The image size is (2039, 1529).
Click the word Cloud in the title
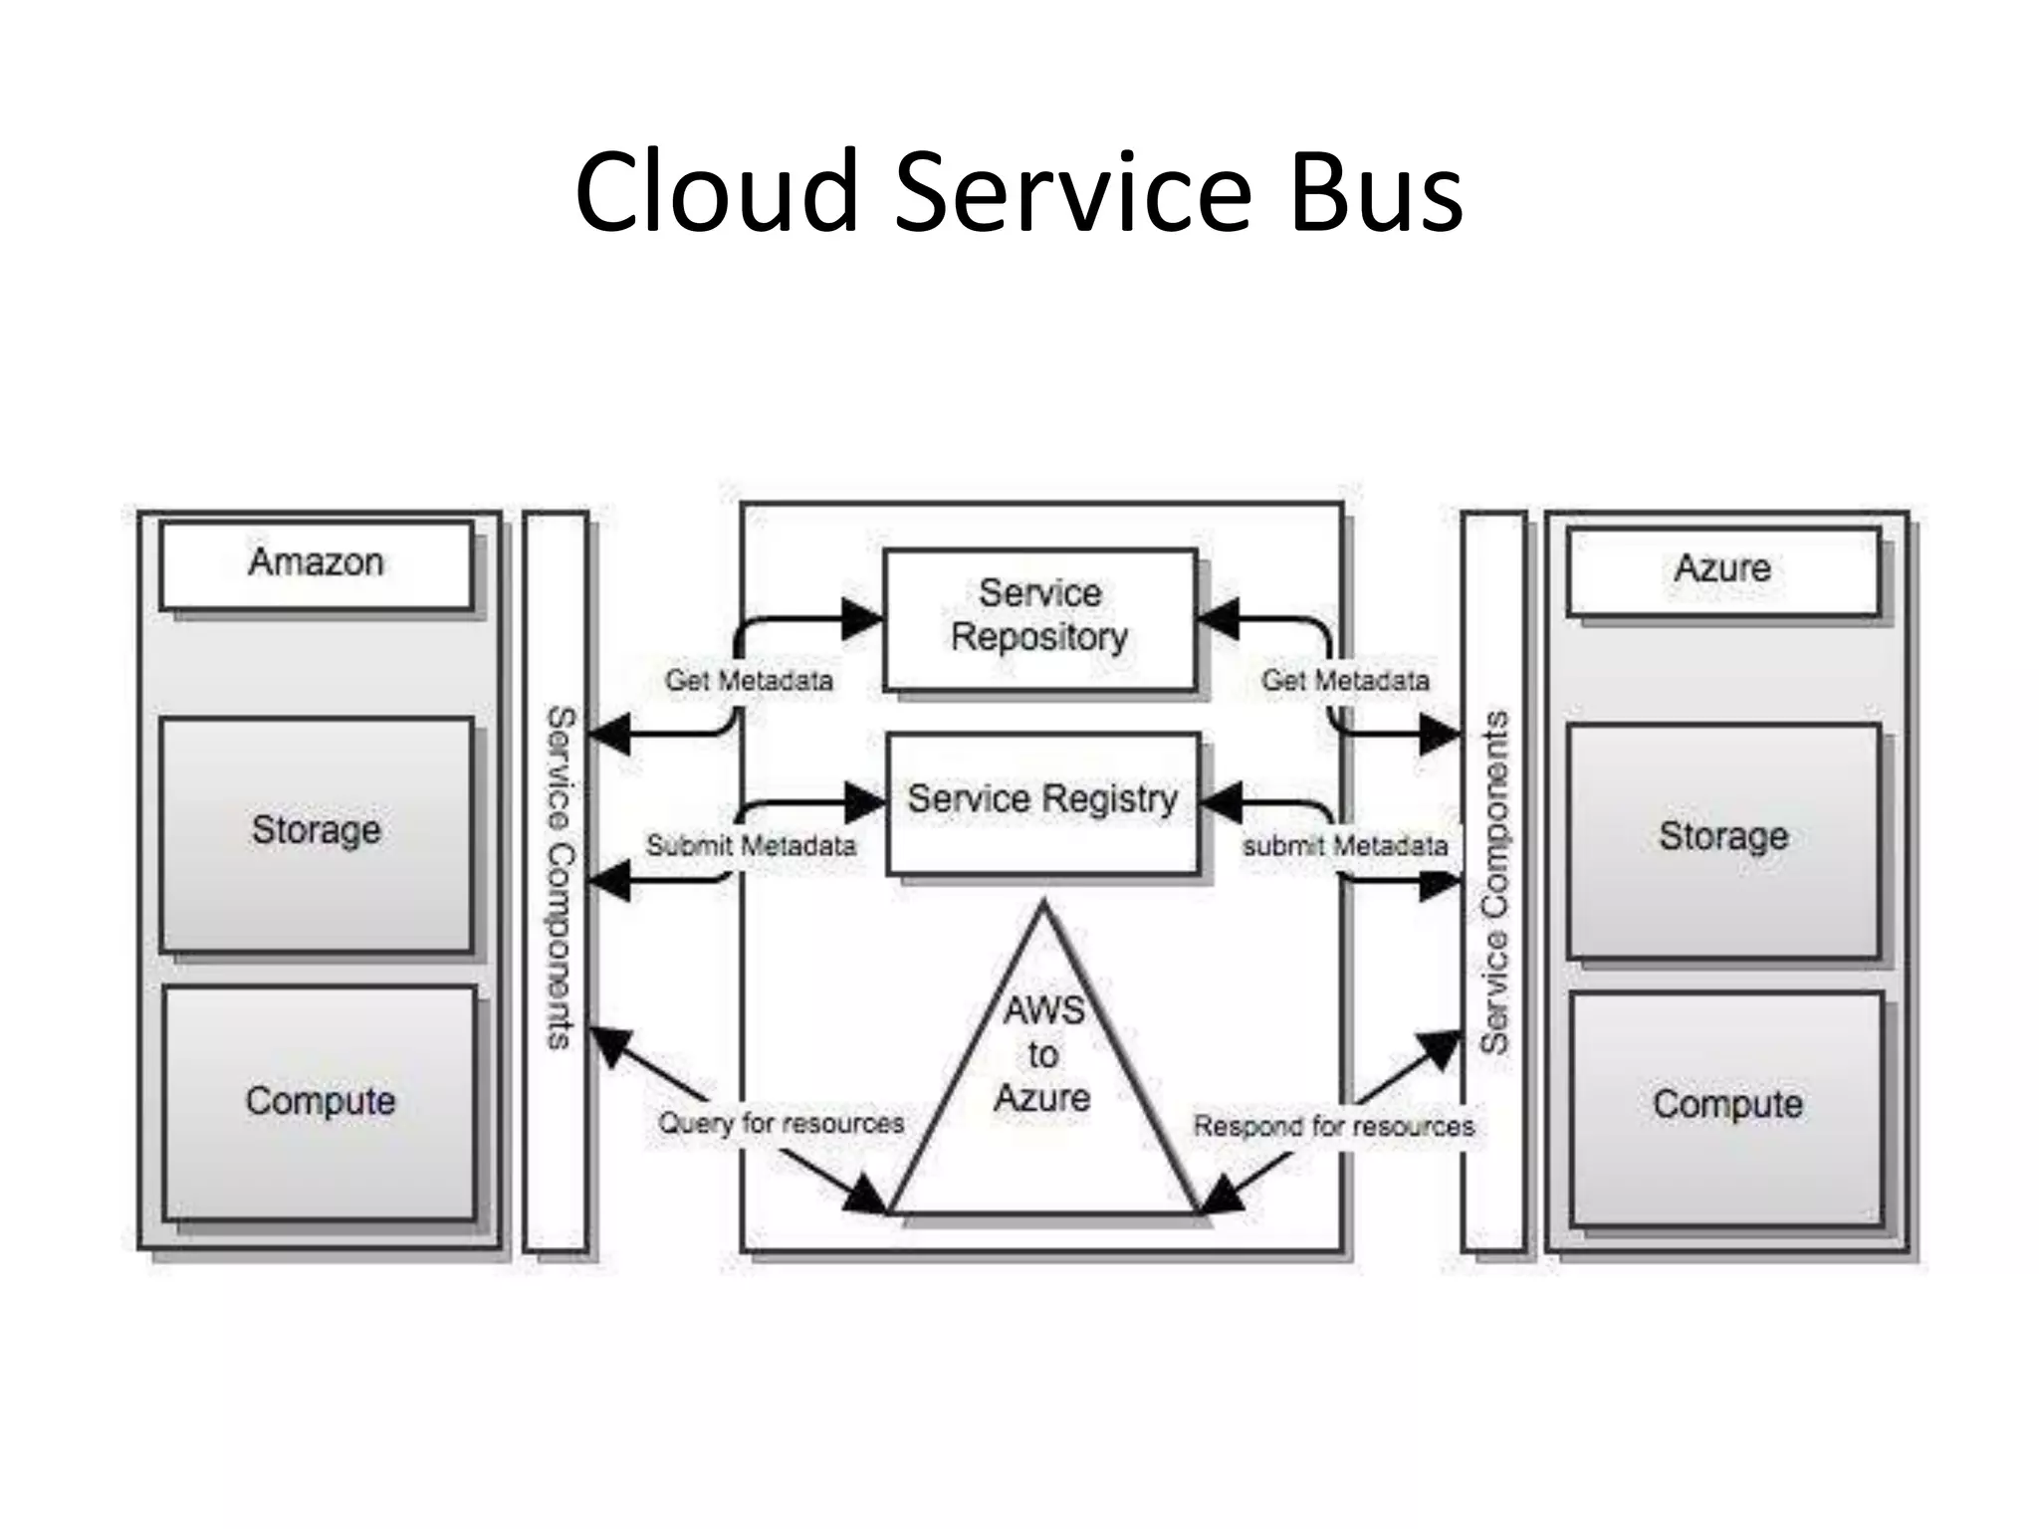click(717, 191)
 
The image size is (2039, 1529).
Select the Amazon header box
click(317, 563)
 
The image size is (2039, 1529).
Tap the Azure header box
click(1723, 569)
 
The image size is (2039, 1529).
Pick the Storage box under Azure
click(1723, 839)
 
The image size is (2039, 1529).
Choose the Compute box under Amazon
click(320, 1102)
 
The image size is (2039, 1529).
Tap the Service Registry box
click(1042, 801)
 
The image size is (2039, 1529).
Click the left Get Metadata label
click(749, 681)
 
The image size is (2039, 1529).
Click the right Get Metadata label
click(1345, 681)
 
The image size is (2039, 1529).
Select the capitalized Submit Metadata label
click(751, 846)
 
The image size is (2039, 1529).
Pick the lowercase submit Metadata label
click(1345, 846)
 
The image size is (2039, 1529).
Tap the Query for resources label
click(781, 1124)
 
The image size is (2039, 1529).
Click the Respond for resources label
click(1333, 1127)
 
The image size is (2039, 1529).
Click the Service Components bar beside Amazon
click(556, 881)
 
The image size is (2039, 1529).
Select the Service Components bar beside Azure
click(1493, 881)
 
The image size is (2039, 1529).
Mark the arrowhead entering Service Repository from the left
click(862, 619)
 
